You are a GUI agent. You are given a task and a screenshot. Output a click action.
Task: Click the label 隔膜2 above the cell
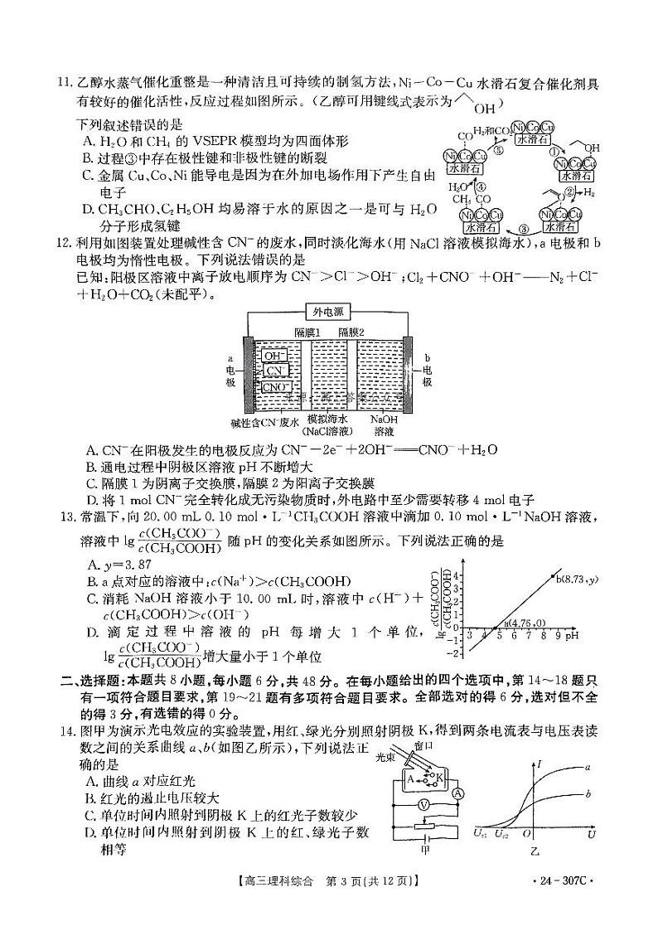(358, 332)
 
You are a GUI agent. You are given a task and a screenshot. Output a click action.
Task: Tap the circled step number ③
(523, 229)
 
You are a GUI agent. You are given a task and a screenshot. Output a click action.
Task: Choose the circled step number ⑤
(499, 150)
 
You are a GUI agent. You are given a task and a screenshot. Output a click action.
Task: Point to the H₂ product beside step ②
(589, 192)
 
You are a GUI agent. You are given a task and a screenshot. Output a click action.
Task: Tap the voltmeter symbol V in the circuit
(423, 805)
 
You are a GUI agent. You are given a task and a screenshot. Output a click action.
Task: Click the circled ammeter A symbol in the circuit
(457, 792)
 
